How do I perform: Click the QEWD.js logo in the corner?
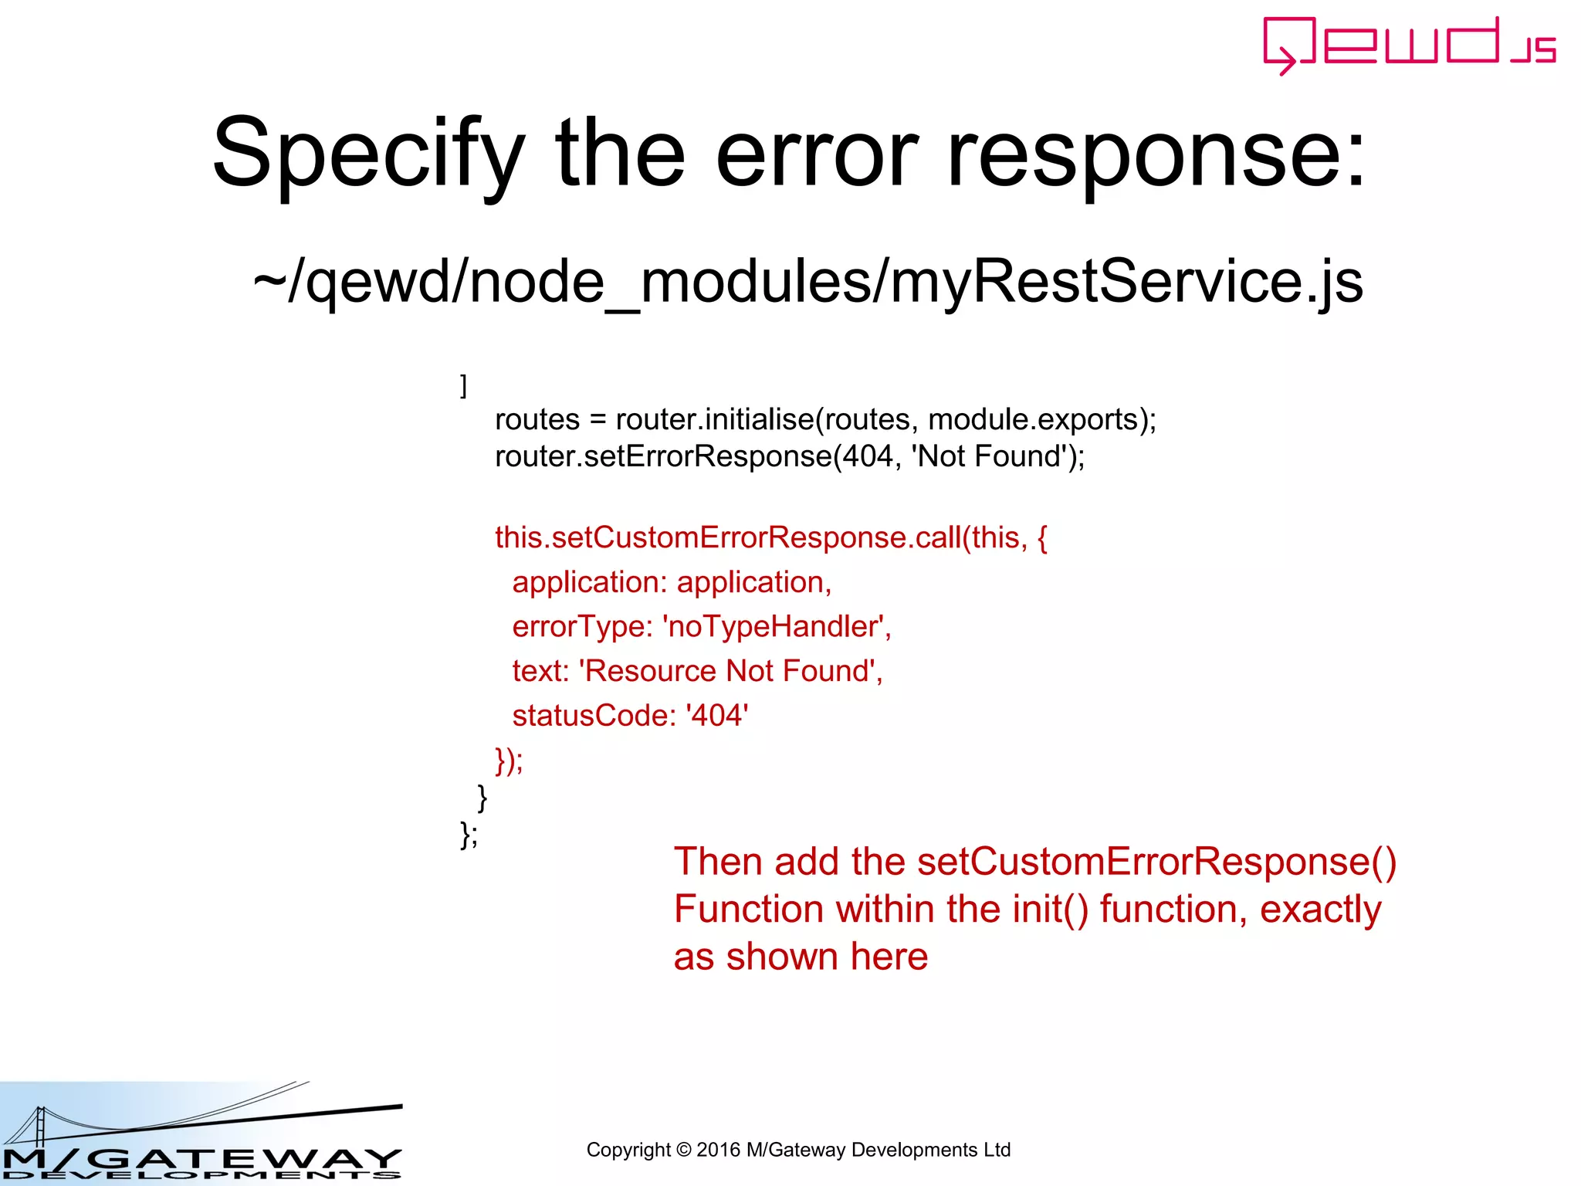[1408, 45]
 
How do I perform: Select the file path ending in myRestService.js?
[807, 282]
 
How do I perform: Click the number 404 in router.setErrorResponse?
[867, 456]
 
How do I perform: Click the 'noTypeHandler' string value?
[773, 626]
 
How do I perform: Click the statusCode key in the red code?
[594, 716]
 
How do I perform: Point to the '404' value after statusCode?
[717, 716]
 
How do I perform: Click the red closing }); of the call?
[509, 761]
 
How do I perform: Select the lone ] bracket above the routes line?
[463, 385]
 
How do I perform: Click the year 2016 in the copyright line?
[718, 1150]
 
